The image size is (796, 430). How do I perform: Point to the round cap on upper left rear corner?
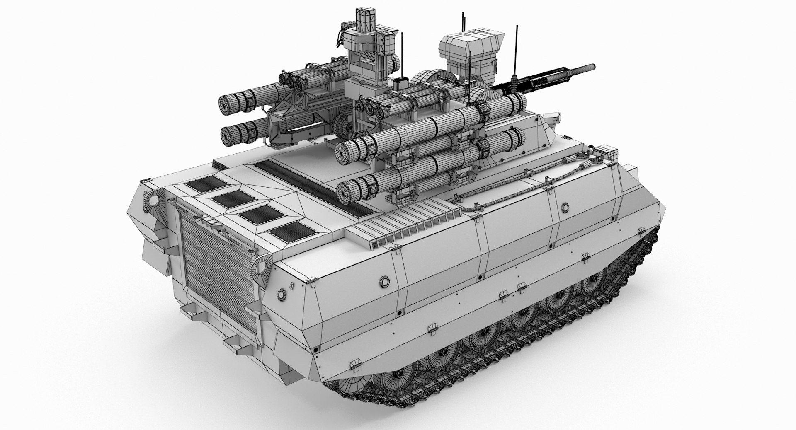click(153, 201)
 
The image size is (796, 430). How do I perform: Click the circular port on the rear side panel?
click(384, 282)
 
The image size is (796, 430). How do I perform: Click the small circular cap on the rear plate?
click(282, 295)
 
